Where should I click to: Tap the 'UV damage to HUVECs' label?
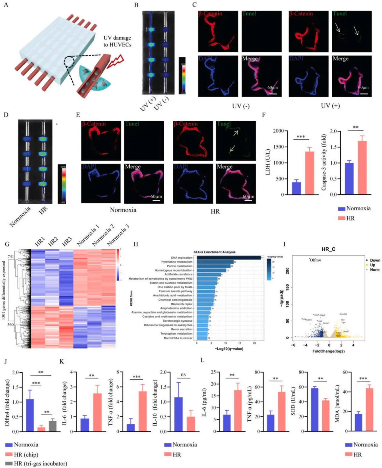tap(117, 41)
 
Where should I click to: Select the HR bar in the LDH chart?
tap(310, 173)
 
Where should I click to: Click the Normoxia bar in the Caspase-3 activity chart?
tap(349, 178)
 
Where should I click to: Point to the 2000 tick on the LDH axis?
tap(278, 131)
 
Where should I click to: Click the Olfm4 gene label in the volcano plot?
tap(315, 260)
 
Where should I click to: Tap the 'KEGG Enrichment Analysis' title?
tap(214, 252)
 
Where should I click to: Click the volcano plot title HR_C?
tap(328, 249)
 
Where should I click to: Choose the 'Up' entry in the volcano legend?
tap(373, 265)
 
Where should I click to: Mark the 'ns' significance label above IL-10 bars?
tap(183, 375)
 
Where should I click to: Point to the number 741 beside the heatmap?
tap(11, 256)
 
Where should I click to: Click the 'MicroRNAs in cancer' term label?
tap(178, 338)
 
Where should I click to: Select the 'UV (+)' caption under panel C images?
tap(330, 106)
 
